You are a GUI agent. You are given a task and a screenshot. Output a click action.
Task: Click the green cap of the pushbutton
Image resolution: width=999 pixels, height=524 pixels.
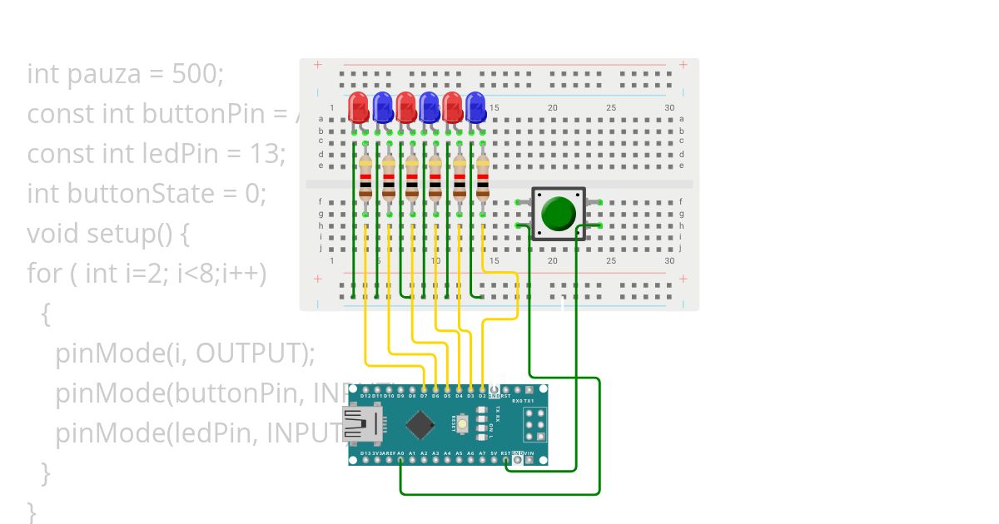558,214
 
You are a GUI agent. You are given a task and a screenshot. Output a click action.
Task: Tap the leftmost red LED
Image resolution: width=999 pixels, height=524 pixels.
359,106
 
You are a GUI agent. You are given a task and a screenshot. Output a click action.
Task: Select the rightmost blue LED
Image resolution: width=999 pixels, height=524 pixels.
475,106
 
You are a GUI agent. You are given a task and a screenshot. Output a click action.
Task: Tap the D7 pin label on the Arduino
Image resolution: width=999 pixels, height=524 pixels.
425,396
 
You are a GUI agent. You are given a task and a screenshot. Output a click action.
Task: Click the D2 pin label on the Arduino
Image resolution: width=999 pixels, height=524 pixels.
483,396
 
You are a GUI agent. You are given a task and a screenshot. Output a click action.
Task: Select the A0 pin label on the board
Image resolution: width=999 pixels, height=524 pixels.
401,453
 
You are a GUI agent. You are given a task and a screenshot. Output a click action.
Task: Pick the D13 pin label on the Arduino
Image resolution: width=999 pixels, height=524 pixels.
366,453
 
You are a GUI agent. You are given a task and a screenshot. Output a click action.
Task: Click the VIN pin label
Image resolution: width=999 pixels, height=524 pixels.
529,453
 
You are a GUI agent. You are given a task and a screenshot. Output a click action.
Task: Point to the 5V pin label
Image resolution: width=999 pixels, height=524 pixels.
495,453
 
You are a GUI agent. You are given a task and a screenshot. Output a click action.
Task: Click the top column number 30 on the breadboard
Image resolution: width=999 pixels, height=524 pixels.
669,108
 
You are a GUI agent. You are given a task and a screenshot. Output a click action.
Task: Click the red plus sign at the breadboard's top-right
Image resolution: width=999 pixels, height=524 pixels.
683,65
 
